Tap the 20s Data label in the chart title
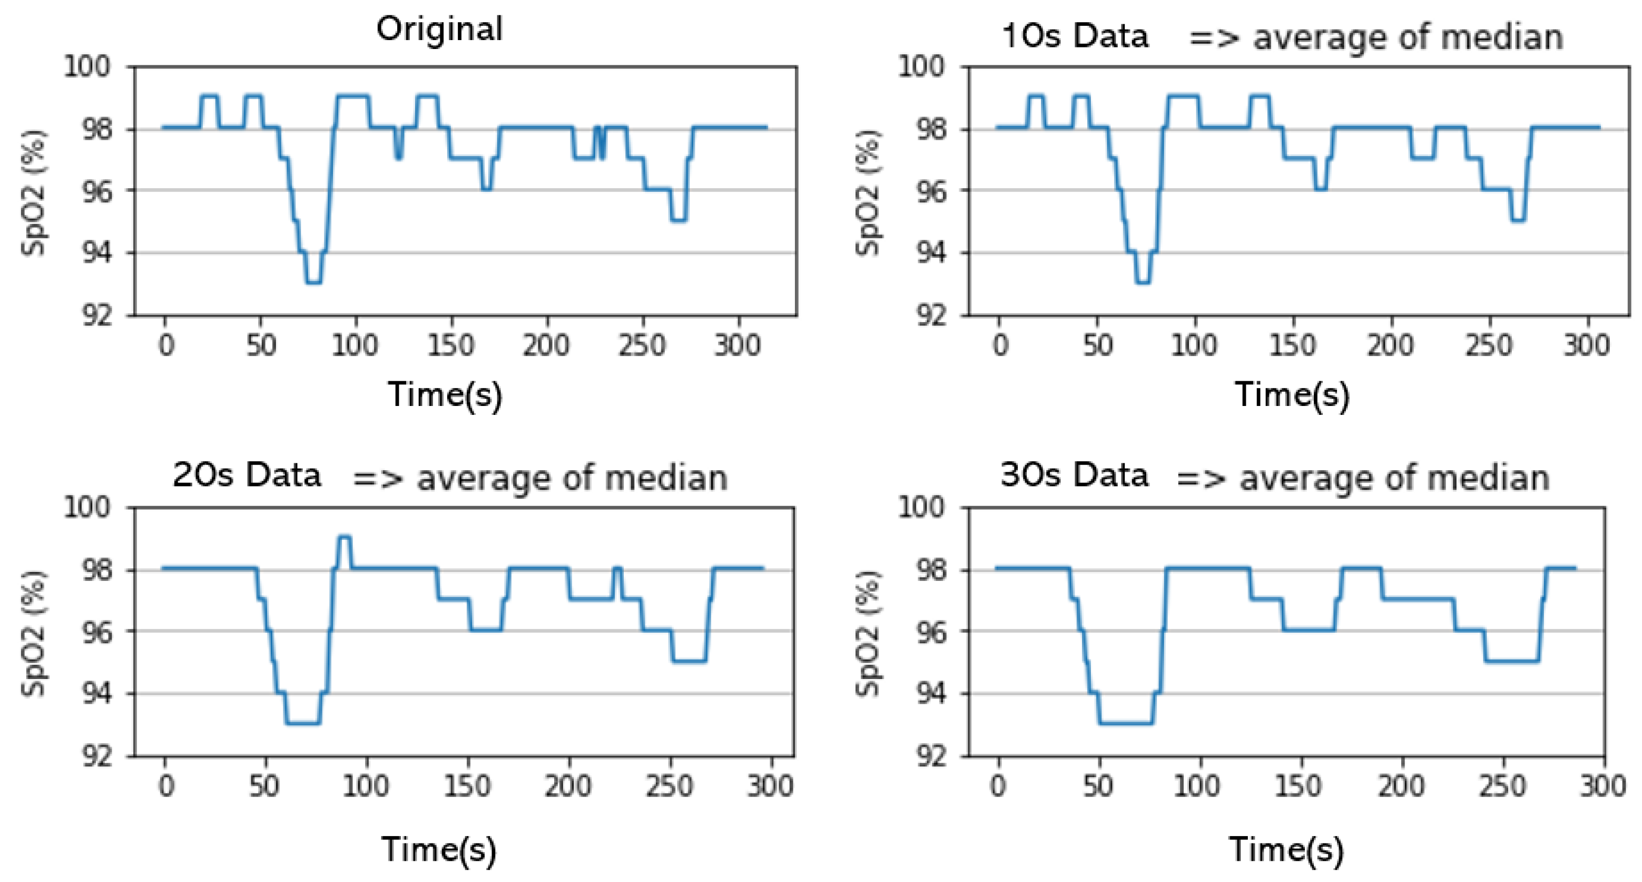(247, 475)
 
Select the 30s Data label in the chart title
(1074, 475)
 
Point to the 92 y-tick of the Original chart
(96, 315)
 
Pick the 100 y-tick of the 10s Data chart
(920, 66)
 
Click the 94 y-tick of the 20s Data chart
(96, 693)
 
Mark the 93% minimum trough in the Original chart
(313, 282)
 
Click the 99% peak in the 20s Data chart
(344, 537)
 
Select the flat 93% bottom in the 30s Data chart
(1126, 723)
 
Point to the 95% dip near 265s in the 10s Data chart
(1518, 220)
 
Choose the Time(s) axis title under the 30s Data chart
(1286, 849)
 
